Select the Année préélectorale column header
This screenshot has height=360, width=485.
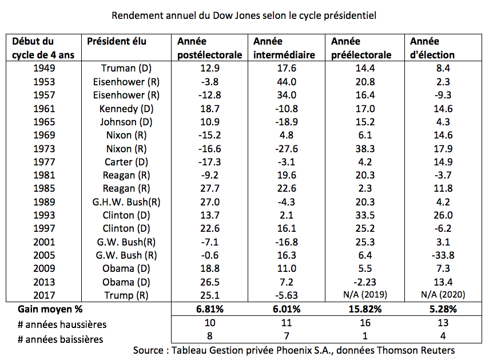point(361,48)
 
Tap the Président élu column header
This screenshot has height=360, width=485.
point(117,41)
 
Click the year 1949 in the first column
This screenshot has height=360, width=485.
point(44,68)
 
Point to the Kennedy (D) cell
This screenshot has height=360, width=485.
point(126,109)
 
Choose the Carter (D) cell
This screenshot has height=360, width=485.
point(126,162)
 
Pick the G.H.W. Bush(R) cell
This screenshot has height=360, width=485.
point(126,202)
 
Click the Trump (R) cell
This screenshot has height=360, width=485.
point(126,295)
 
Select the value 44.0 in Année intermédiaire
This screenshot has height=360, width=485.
point(287,82)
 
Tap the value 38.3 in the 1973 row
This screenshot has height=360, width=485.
point(365,149)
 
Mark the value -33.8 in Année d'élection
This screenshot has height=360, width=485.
point(443,255)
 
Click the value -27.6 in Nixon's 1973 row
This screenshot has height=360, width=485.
point(287,149)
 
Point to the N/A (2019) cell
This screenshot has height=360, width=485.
point(365,294)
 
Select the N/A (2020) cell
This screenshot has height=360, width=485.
point(443,294)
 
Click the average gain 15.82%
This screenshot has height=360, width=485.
point(365,309)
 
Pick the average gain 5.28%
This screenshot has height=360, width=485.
point(443,309)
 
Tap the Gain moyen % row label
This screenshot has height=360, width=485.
point(50,309)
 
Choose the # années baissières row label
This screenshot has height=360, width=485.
point(60,339)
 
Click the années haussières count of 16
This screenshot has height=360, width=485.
point(365,323)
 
